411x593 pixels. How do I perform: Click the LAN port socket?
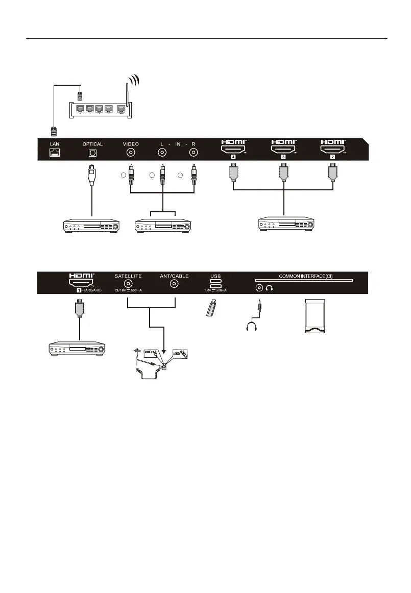click(x=54, y=153)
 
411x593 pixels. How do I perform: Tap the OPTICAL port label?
click(x=92, y=144)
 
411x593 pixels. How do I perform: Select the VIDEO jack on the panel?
click(x=131, y=153)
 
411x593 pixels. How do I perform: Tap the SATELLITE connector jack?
click(x=128, y=285)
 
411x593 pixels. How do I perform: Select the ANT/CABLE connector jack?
click(x=175, y=285)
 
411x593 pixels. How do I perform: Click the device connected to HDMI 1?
click(x=76, y=350)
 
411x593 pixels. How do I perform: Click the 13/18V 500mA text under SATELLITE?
click(x=128, y=290)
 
